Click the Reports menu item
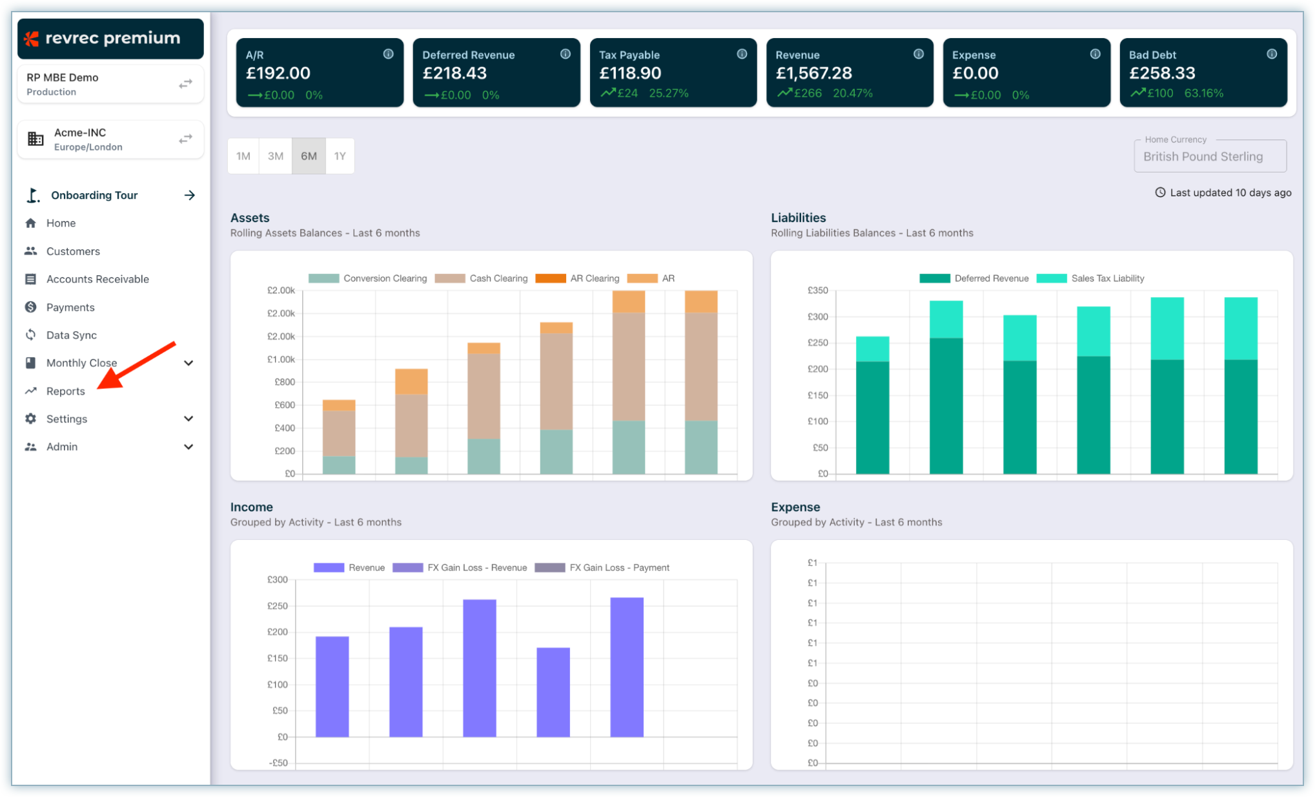coord(65,391)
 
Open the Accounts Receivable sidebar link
coord(97,279)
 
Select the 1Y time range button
coord(340,156)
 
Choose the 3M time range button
coord(276,156)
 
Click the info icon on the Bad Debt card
coord(1271,54)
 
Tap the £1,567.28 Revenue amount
coord(813,73)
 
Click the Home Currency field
coord(1209,156)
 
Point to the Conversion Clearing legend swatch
coord(323,278)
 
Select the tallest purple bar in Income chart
coord(626,667)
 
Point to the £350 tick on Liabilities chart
coord(817,291)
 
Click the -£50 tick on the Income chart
coord(278,763)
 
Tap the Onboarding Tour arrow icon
coord(189,195)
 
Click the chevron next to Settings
coord(189,419)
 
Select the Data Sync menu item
coord(71,335)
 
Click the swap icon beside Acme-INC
coord(185,139)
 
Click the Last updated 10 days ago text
coord(1230,192)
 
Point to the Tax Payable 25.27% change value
coord(668,94)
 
